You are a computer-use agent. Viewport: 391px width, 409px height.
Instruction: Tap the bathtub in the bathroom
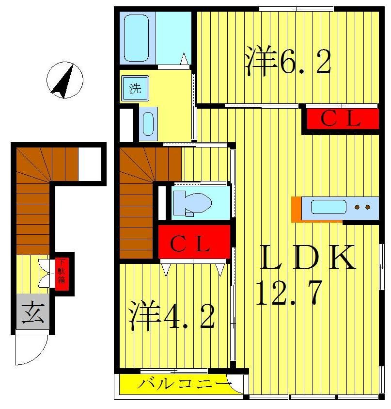136,38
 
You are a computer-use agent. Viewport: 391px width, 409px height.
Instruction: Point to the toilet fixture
192,203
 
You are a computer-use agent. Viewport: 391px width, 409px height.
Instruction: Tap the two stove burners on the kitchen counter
362,207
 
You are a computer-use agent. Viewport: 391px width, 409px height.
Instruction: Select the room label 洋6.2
288,61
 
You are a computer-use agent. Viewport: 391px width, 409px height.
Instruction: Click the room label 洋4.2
172,316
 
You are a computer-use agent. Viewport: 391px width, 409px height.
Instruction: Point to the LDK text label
308,258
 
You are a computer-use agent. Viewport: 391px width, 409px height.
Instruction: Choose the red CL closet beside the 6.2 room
341,119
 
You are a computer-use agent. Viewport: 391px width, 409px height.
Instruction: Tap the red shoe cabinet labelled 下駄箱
62,274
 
